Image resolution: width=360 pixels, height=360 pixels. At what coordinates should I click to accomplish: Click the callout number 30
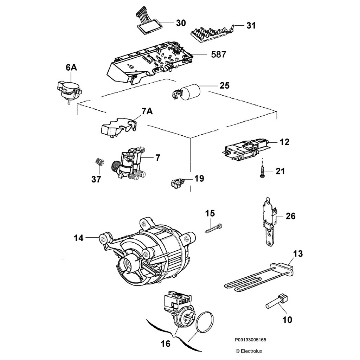pyautogui.click(x=181, y=23)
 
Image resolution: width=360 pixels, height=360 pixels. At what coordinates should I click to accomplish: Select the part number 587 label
pyautogui.click(x=219, y=54)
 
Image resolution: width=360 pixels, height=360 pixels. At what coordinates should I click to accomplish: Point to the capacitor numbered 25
pyautogui.click(x=191, y=91)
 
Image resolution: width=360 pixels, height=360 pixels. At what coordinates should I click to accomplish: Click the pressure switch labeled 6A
pyautogui.click(x=69, y=90)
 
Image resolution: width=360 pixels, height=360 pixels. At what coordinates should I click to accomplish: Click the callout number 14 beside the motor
pyautogui.click(x=78, y=238)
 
